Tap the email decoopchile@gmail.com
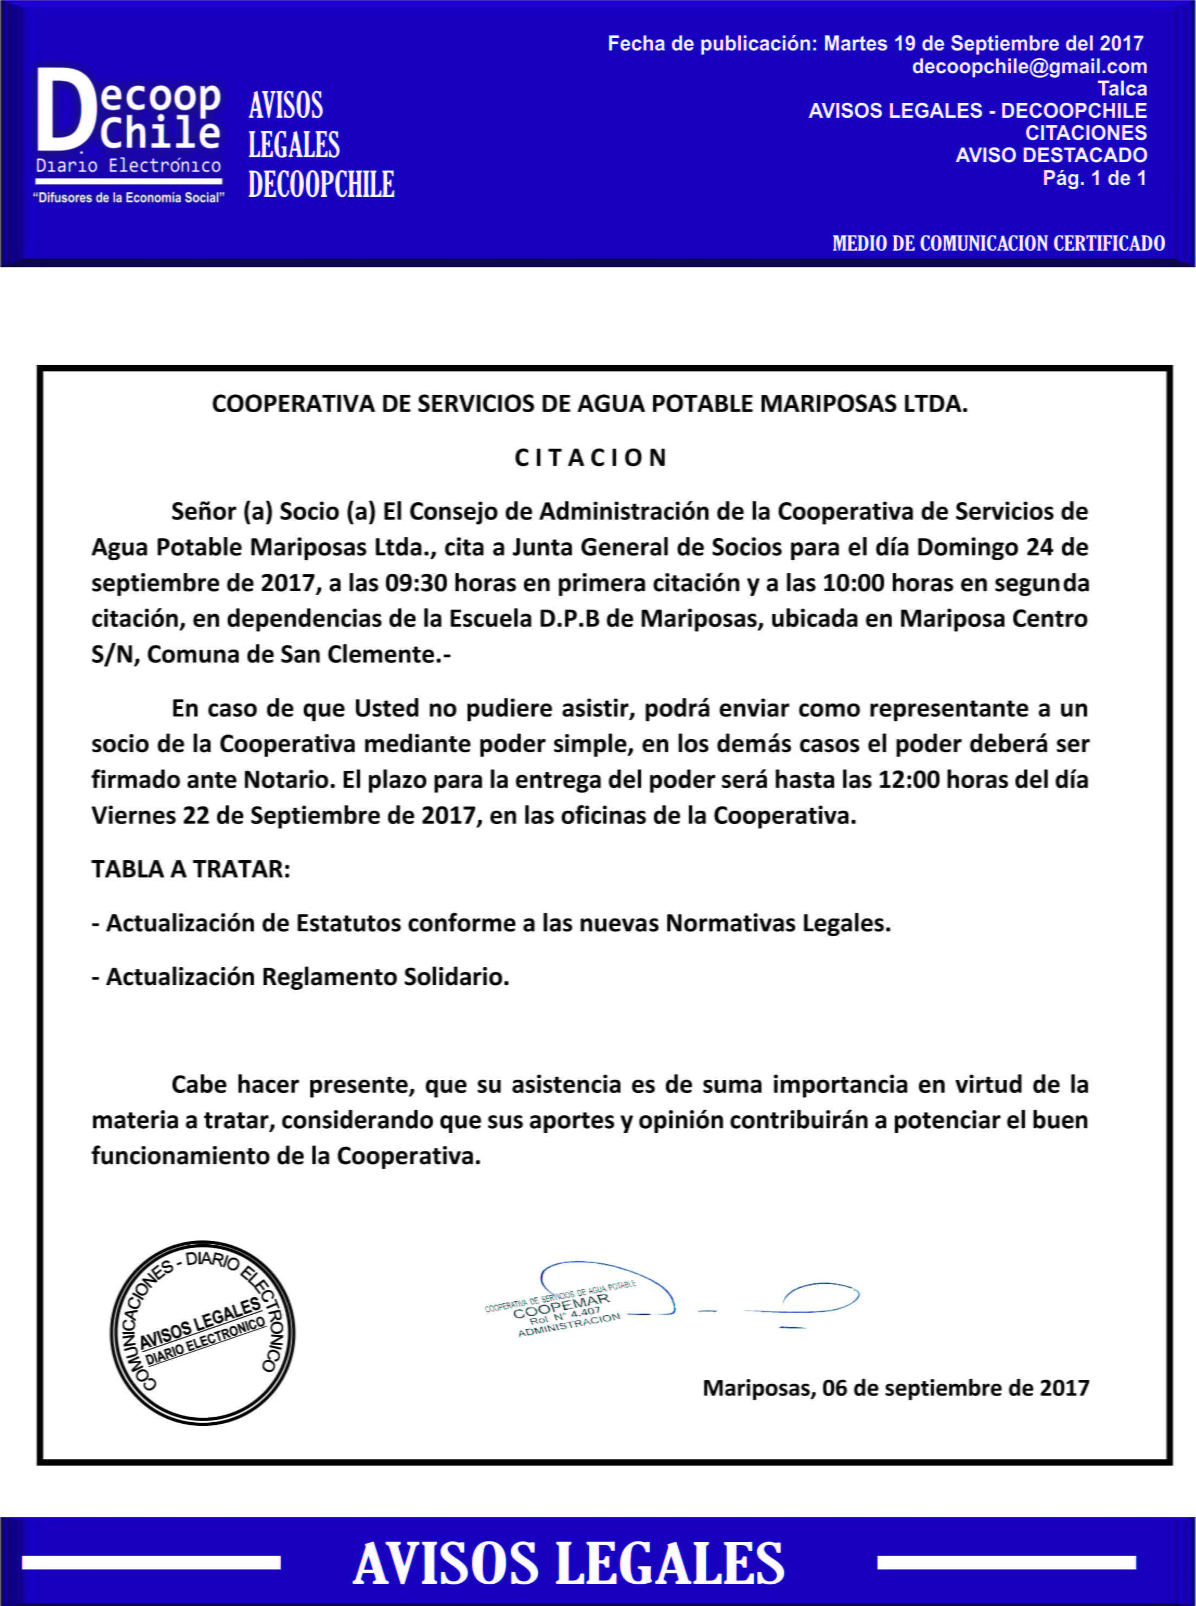[x=1029, y=67]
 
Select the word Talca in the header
[x=1122, y=89]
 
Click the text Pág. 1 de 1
[x=1094, y=178]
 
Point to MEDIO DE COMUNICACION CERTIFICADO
[x=999, y=243]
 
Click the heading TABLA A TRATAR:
[x=190, y=869]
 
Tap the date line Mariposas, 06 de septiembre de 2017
[x=896, y=1388]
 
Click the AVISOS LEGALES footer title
[x=569, y=1563]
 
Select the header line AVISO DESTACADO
[x=1051, y=156]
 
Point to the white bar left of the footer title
[x=151, y=1563]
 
